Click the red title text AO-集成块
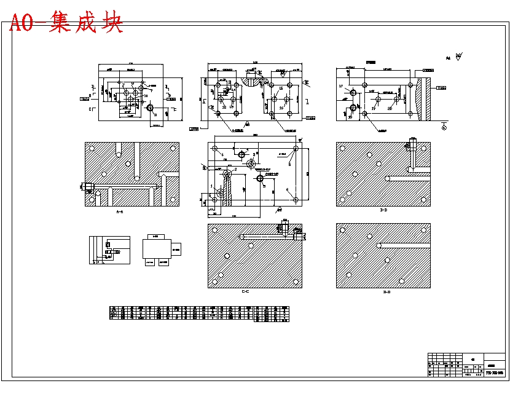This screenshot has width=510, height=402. (x=66, y=23)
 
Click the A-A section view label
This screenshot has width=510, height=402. (x=119, y=212)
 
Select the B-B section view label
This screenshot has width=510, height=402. (x=383, y=210)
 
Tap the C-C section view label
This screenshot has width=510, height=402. (x=245, y=291)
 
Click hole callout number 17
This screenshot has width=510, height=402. (x=341, y=87)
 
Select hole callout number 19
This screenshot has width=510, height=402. (x=373, y=108)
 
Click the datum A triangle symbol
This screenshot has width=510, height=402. (x=443, y=127)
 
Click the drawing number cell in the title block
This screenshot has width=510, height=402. (x=495, y=372)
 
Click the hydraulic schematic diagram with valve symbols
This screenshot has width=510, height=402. (x=109, y=250)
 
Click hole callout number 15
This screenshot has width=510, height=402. (x=281, y=89)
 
